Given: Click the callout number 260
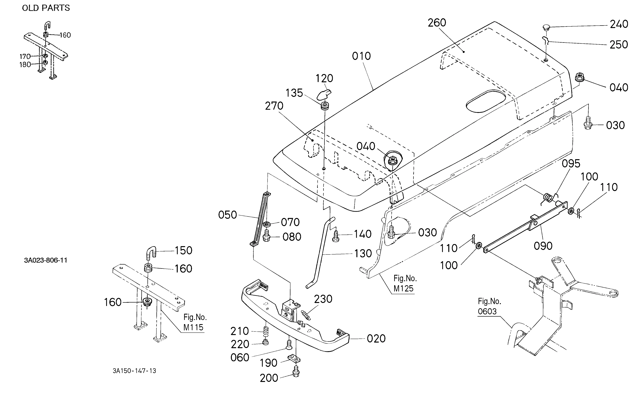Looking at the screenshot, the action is (x=437, y=23).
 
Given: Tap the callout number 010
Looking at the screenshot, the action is (x=361, y=56).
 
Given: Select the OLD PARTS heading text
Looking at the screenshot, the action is (x=46, y=8).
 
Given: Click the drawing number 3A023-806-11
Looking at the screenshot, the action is (x=46, y=260).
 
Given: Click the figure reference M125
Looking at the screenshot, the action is (x=403, y=288).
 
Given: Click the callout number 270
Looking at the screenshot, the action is (x=274, y=106).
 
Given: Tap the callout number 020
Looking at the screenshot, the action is (x=376, y=339).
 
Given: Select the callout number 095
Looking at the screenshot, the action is (x=571, y=164).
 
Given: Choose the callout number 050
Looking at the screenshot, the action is (x=228, y=215).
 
